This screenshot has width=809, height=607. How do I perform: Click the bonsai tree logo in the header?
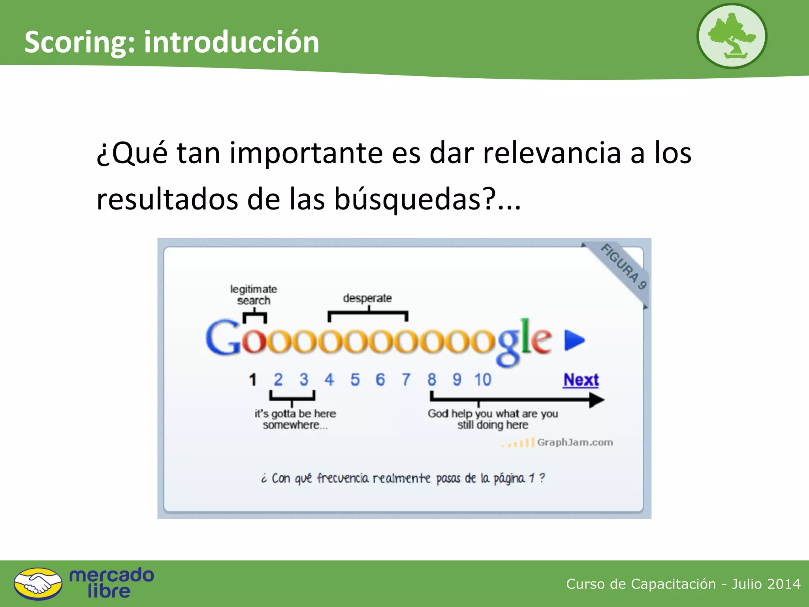pyautogui.click(x=732, y=36)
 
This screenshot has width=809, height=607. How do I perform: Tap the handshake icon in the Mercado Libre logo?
pyautogui.click(x=38, y=584)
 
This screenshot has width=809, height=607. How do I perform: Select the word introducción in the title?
pyautogui.click(x=231, y=42)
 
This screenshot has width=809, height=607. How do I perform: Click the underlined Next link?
pyautogui.click(x=581, y=380)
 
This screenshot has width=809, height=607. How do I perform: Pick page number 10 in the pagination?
pyautogui.click(x=483, y=380)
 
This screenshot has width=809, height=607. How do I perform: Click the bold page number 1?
pyautogui.click(x=253, y=380)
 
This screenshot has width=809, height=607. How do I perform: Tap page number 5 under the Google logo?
pyautogui.click(x=355, y=380)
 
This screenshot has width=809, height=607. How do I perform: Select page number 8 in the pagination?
pyautogui.click(x=431, y=380)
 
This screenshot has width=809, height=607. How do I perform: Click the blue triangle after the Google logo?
pyautogui.click(x=574, y=340)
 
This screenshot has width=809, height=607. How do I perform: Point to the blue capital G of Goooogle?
pyautogui.click(x=222, y=338)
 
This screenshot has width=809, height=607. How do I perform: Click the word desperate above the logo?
pyautogui.click(x=367, y=298)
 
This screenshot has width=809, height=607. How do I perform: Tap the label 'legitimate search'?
pyautogui.click(x=254, y=295)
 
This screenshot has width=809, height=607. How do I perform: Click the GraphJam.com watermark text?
pyautogui.click(x=575, y=442)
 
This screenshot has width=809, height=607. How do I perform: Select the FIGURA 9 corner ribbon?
pyautogui.click(x=623, y=266)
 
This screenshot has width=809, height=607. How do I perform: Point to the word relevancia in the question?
pyautogui.click(x=552, y=153)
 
